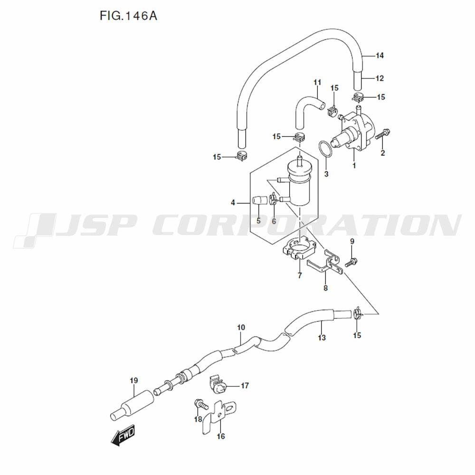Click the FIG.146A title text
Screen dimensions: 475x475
coord(128,16)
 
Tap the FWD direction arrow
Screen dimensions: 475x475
coord(123,436)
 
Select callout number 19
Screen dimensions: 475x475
coord(133,380)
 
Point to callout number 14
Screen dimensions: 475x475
coord(379,56)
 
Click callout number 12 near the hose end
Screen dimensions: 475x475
coord(379,78)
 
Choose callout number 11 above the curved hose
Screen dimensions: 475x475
coord(317,83)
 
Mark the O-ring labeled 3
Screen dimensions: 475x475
coord(324,149)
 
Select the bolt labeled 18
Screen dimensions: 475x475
coord(201,405)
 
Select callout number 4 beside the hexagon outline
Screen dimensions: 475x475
coord(233,203)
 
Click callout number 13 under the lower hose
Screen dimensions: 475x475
coord(322,338)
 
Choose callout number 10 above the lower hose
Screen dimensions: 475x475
coord(241,327)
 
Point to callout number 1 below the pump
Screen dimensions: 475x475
coord(354,166)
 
